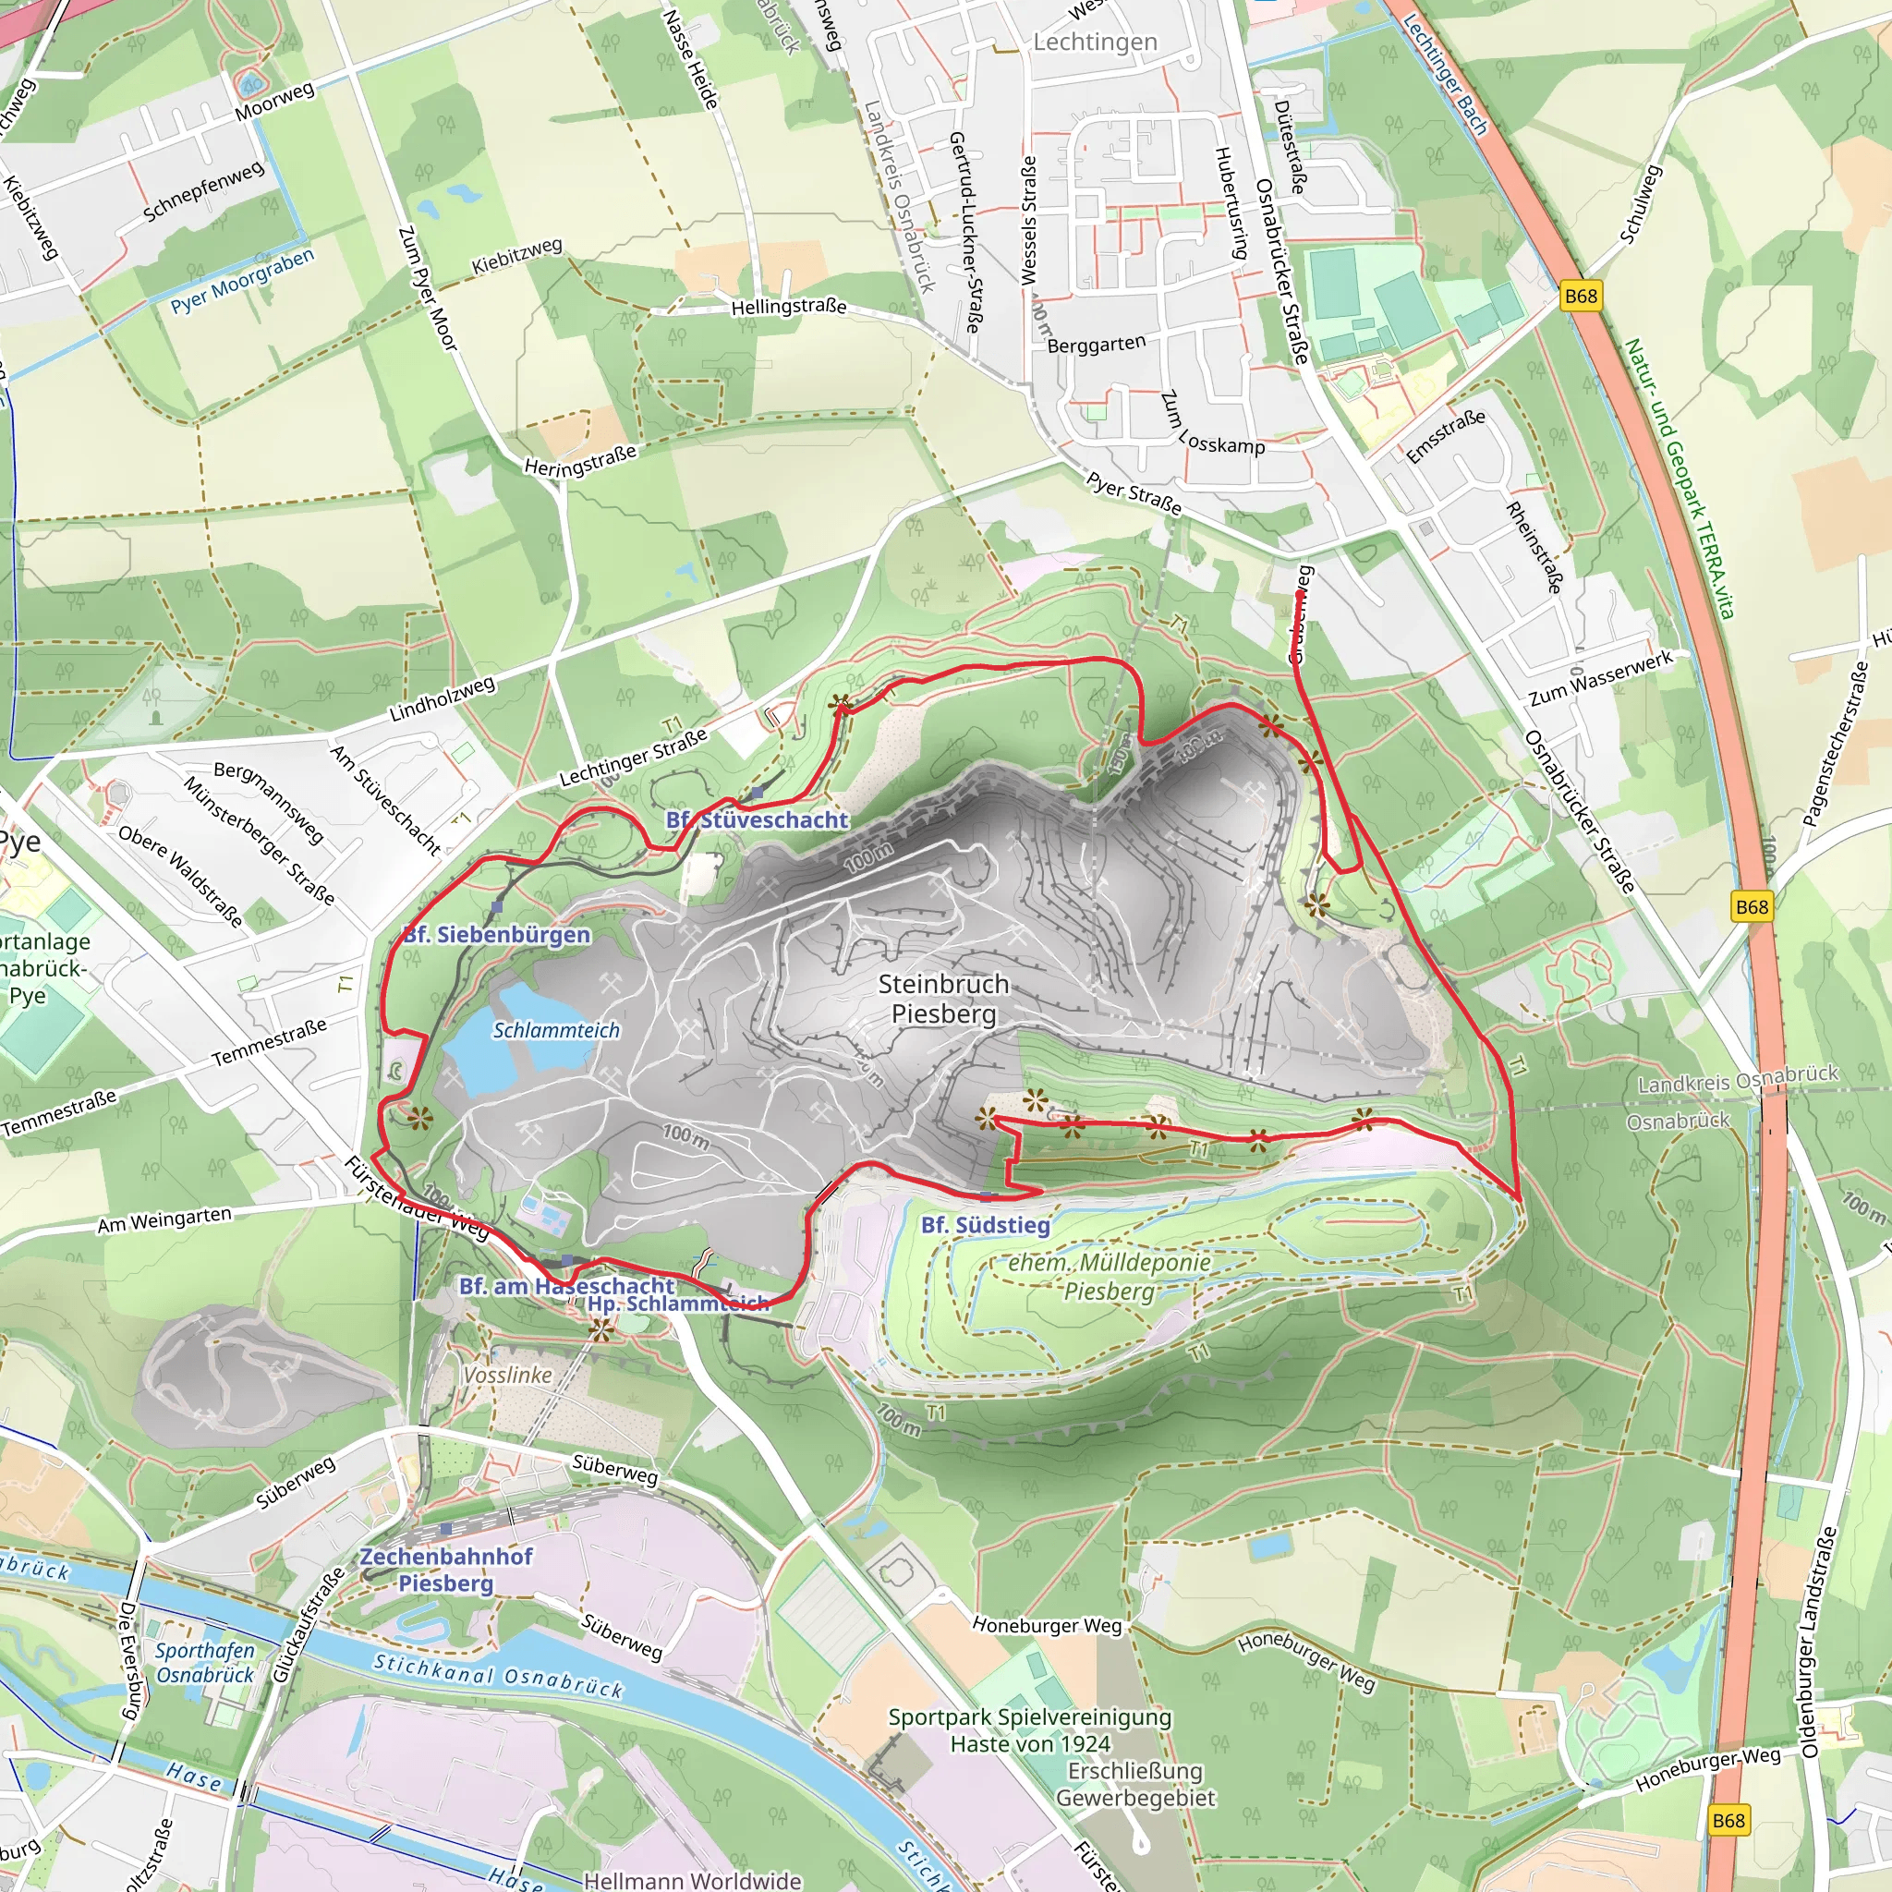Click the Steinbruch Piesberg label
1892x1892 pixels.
[943, 999]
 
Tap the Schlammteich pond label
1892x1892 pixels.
[556, 1030]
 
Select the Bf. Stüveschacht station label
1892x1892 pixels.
[756, 819]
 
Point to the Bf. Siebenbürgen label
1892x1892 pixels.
[496, 934]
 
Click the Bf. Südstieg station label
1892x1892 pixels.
[985, 1225]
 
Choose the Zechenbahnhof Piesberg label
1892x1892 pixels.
[446, 1569]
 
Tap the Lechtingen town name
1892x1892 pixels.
[1095, 42]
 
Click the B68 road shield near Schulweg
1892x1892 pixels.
[1581, 296]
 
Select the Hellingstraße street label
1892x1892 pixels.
[788, 307]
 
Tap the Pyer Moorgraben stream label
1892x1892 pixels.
[243, 281]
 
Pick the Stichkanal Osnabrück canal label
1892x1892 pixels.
[498, 1675]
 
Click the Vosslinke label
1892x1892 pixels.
[507, 1375]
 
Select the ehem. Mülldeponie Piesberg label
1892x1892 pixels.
[1110, 1277]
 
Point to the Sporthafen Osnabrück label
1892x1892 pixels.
[205, 1663]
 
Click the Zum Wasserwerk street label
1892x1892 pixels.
[1601, 679]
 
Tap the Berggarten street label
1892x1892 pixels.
[1096, 345]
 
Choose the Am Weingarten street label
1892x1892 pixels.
[164, 1220]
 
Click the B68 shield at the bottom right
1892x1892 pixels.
[1728, 1821]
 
